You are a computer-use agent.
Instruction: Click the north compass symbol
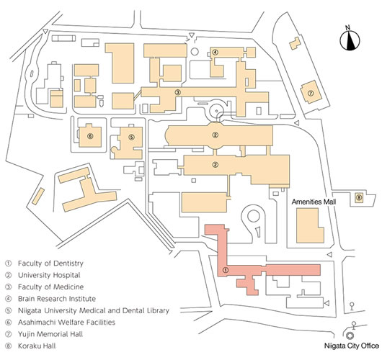[x=350, y=39]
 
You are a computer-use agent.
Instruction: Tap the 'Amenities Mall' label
[x=314, y=202]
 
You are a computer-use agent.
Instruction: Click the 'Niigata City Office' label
[x=352, y=346]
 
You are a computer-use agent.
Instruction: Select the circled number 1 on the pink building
[x=226, y=270]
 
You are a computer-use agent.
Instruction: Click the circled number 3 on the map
[x=178, y=92]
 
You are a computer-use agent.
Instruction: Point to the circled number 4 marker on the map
[x=215, y=52]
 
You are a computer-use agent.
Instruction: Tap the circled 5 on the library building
[x=131, y=138]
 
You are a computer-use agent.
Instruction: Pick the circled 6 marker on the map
[x=90, y=136]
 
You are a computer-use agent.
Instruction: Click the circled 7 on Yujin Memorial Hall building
[x=310, y=93]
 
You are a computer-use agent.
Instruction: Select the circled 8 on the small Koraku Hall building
[x=359, y=198]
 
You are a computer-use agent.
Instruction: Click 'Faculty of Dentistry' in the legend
[x=50, y=264]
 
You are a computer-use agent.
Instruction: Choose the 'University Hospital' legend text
[x=49, y=275]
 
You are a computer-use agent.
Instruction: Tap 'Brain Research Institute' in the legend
[x=57, y=299]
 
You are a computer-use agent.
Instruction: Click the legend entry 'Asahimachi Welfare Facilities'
[x=66, y=323]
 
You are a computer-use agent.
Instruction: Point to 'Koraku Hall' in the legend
[x=37, y=346]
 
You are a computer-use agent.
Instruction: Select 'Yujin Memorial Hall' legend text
[x=50, y=334]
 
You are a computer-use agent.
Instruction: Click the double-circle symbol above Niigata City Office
[x=350, y=336]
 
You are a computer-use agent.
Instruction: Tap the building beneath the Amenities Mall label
[x=310, y=226]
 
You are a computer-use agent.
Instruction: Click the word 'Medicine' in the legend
[x=68, y=287]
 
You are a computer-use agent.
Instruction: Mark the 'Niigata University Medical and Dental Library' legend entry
[x=94, y=310]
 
